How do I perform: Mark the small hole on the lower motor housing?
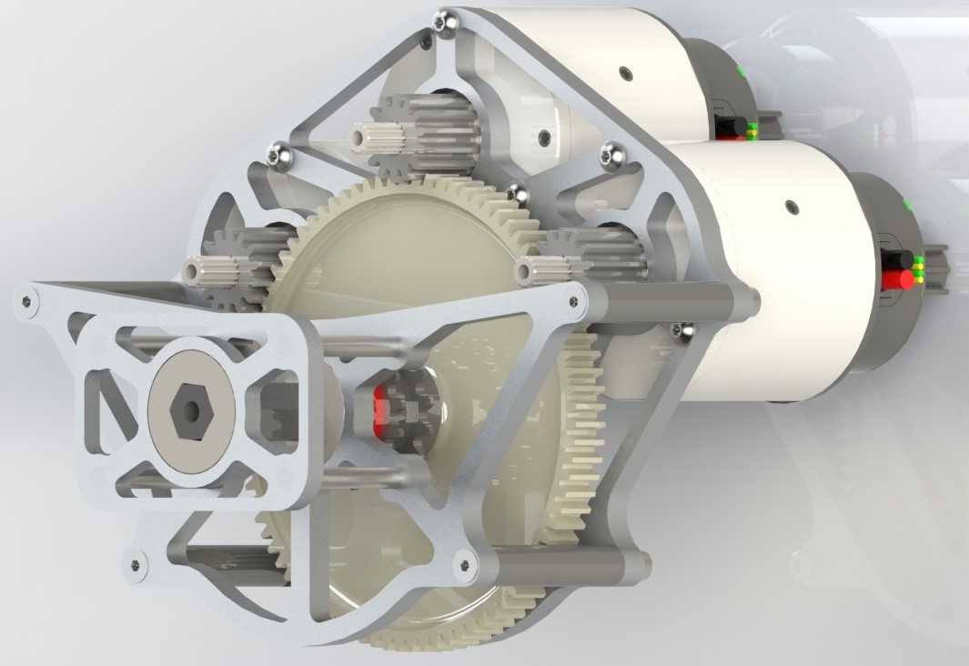pos(792,207)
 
